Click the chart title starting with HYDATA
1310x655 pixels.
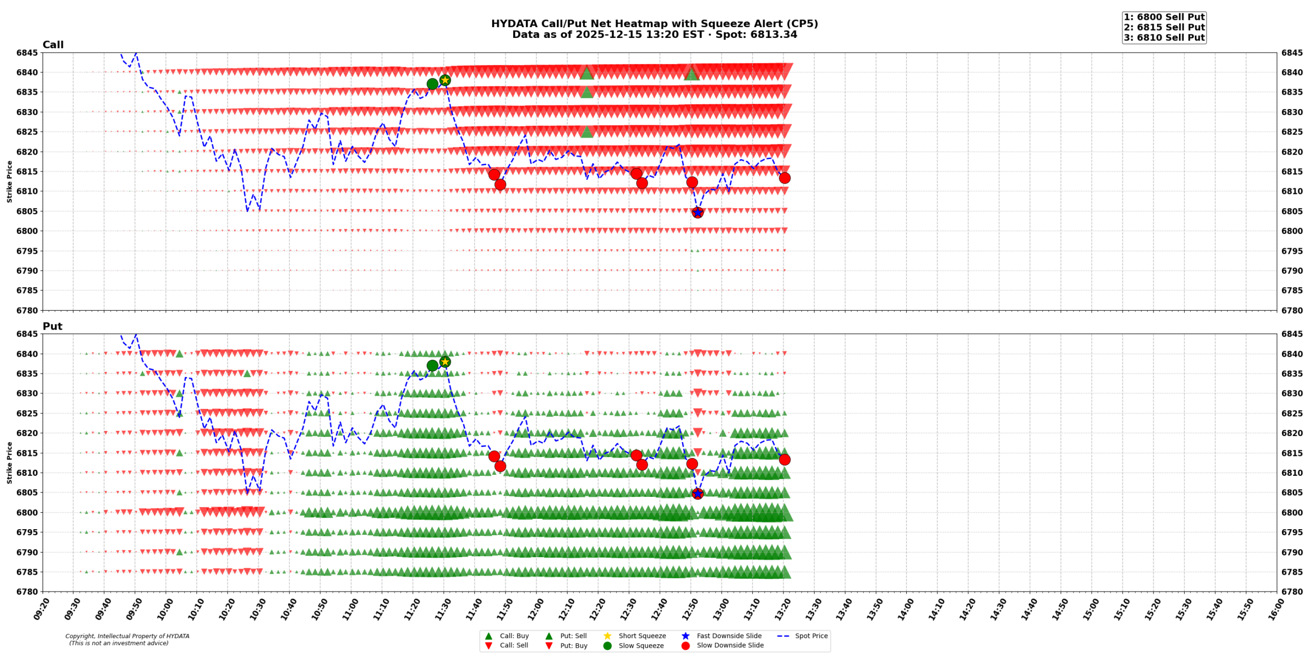point(654,24)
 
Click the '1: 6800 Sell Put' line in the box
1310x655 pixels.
point(1164,17)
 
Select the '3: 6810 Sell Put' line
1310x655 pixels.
point(1164,38)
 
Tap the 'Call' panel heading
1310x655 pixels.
point(53,45)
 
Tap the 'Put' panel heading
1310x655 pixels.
point(52,326)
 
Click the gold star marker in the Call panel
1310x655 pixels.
point(445,80)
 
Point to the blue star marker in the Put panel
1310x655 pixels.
point(697,494)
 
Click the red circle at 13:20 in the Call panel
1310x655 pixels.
point(784,178)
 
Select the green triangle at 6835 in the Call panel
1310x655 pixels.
point(586,93)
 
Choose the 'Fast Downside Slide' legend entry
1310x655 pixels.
point(729,636)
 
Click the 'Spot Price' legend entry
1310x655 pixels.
point(811,636)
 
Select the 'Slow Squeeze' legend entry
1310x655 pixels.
point(641,646)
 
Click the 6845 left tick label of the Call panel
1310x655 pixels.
point(27,53)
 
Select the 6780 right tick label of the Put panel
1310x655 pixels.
point(1292,592)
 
